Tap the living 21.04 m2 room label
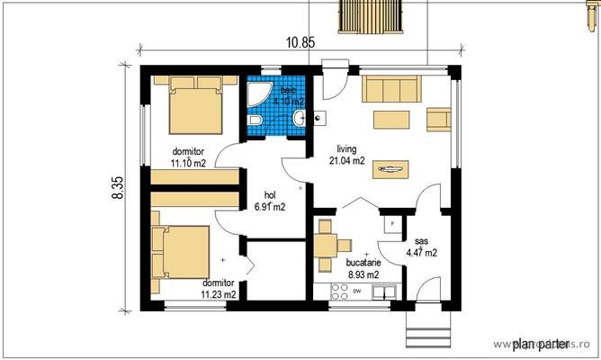[346, 155]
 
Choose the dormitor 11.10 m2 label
[190, 156]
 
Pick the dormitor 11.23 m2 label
[219, 288]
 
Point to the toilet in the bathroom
[255, 121]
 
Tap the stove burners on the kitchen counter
[340, 292]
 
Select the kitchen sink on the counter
[385, 292]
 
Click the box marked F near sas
[392, 221]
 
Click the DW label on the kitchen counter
[357, 292]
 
